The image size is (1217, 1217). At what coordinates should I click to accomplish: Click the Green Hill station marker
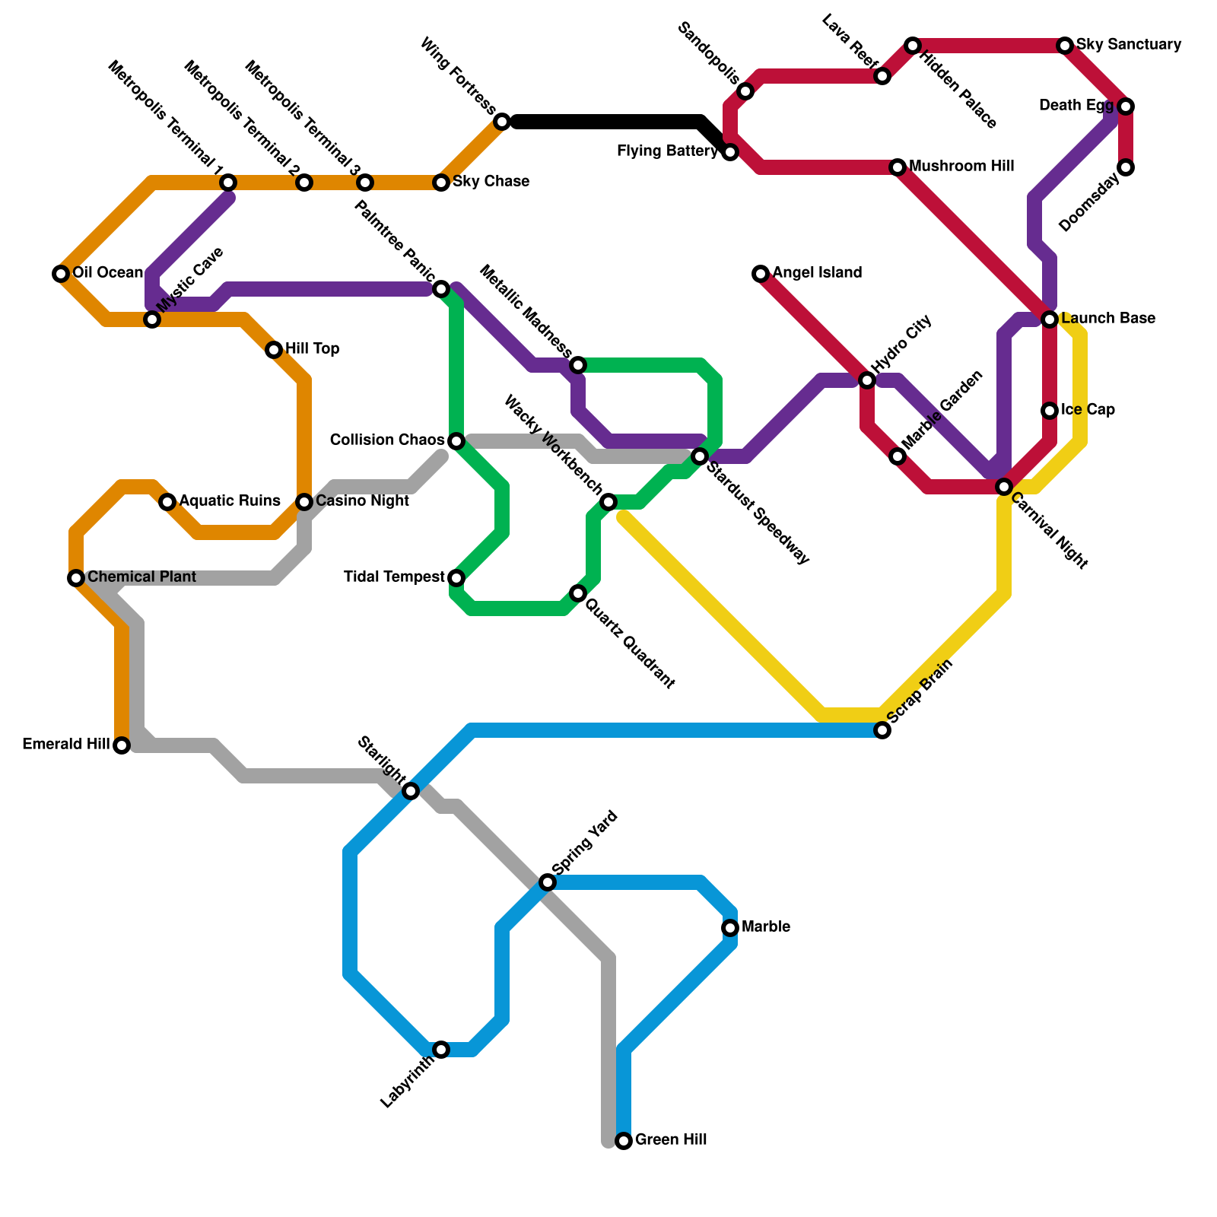tap(624, 1141)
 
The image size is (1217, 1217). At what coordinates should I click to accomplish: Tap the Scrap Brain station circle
tap(882, 730)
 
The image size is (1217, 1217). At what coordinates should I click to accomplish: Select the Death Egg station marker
tap(1126, 106)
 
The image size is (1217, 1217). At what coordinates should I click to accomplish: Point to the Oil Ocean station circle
tap(61, 274)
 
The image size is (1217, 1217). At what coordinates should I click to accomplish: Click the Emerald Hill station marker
tap(122, 745)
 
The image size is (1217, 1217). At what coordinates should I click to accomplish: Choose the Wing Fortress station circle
tap(502, 122)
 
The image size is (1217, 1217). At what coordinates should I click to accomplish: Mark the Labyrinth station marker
tap(441, 1050)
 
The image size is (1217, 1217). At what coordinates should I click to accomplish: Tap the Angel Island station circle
tap(761, 274)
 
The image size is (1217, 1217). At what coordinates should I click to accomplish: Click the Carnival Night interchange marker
tap(1004, 487)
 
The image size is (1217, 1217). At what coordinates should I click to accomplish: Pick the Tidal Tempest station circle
tap(456, 578)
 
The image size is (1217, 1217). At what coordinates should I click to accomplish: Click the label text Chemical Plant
tap(141, 577)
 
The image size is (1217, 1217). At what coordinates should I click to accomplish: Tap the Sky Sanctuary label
tap(1129, 45)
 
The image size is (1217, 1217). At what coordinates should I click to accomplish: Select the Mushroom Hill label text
tap(961, 167)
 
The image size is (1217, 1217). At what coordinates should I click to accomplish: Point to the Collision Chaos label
tap(387, 440)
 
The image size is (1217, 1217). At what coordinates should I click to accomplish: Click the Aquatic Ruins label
tap(230, 501)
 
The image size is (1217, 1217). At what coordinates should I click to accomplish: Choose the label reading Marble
tap(765, 927)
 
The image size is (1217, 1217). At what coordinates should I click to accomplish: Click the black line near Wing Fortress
tap(608, 122)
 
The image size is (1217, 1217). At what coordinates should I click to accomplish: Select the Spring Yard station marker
tap(548, 882)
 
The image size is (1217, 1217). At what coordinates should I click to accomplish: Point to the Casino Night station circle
tap(304, 502)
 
